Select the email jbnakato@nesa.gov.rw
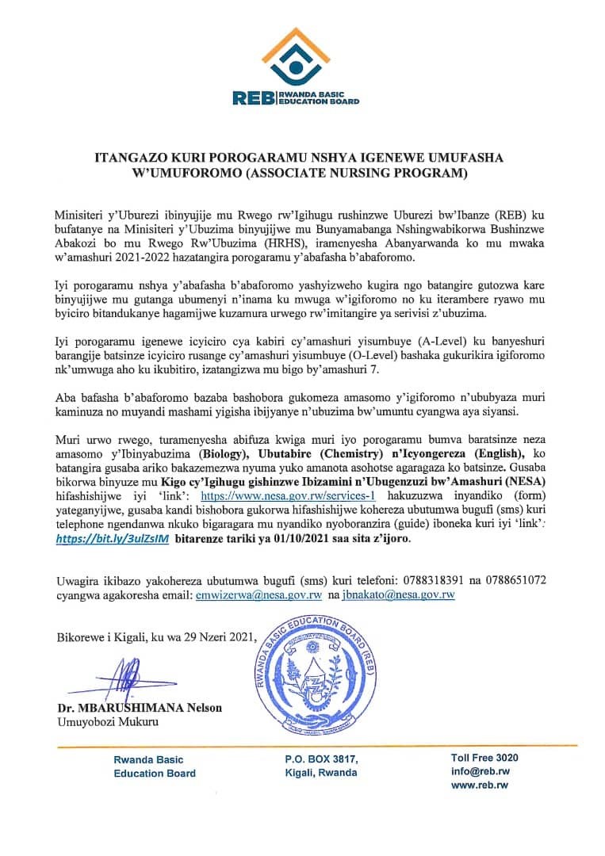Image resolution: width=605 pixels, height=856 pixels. [x=398, y=594]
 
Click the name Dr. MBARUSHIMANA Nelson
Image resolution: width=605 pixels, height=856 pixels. [x=139, y=708]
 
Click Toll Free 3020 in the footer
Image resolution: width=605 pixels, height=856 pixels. [x=484, y=758]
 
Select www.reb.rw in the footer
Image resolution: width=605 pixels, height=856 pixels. [x=479, y=785]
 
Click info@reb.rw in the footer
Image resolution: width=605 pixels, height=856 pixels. [x=481, y=771]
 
